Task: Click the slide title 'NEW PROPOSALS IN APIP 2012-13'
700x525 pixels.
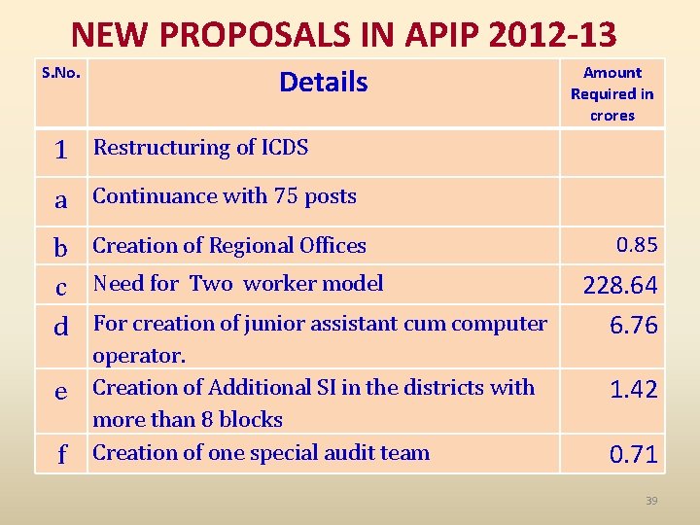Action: [344, 35]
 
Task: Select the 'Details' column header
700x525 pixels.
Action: [323, 82]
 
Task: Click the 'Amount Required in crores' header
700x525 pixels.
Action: [612, 93]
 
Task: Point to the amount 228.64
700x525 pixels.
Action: [619, 285]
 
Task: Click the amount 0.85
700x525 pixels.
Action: [637, 245]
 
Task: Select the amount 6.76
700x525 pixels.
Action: [633, 326]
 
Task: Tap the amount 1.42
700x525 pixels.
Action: [633, 390]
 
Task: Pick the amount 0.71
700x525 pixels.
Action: [633, 453]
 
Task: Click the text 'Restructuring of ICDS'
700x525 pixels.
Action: [200, 148]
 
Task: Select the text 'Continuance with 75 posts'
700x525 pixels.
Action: [225, 196]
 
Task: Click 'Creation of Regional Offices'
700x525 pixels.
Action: [229, 246]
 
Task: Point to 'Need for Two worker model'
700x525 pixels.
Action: [238, 284]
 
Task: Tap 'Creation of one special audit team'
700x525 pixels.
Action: [261, 452]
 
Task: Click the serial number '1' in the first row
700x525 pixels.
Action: [60, 151]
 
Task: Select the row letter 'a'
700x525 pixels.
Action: [60, 200]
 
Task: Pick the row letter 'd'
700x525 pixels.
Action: [60, 327]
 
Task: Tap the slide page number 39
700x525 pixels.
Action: [651, 500]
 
